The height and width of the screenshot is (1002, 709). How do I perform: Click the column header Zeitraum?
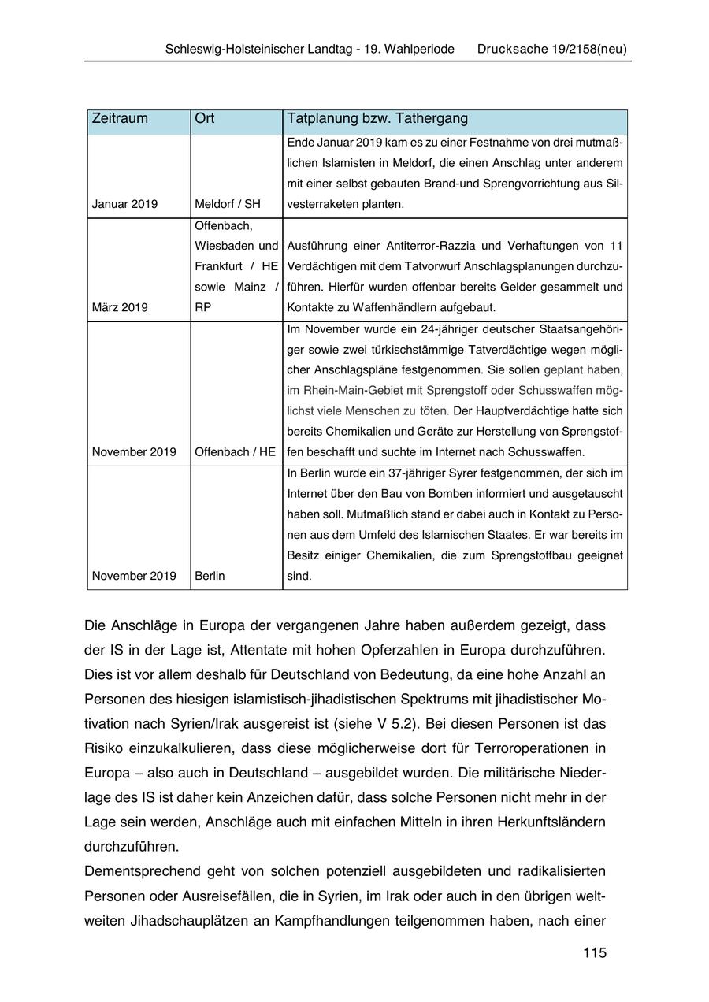[x=120, y=119]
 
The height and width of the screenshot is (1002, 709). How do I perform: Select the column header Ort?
[x=204, y=119]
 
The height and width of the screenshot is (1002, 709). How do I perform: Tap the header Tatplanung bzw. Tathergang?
[x=377, y=119]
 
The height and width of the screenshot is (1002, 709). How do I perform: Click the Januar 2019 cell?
[x=124, y=204]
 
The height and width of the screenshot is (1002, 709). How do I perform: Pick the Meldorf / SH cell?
[x=227, y=204]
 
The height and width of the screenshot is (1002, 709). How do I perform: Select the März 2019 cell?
[x=120, y=306]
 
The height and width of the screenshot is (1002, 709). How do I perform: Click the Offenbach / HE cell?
[x=235, y=452]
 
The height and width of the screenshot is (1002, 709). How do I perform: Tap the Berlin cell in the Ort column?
[x=210, y=576]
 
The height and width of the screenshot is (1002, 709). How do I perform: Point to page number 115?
[x=595, y=953]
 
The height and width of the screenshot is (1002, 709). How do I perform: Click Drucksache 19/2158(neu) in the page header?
[x=552, y=49]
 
